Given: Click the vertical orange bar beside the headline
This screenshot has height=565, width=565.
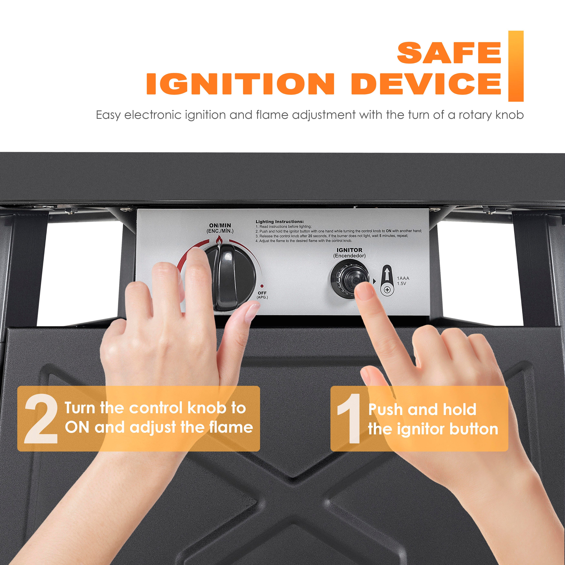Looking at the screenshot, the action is [x=516, y=66].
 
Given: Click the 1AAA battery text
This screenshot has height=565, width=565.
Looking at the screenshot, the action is [x=403, y=278].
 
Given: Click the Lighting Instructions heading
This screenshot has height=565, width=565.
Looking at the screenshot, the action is [x=280, y=222].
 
